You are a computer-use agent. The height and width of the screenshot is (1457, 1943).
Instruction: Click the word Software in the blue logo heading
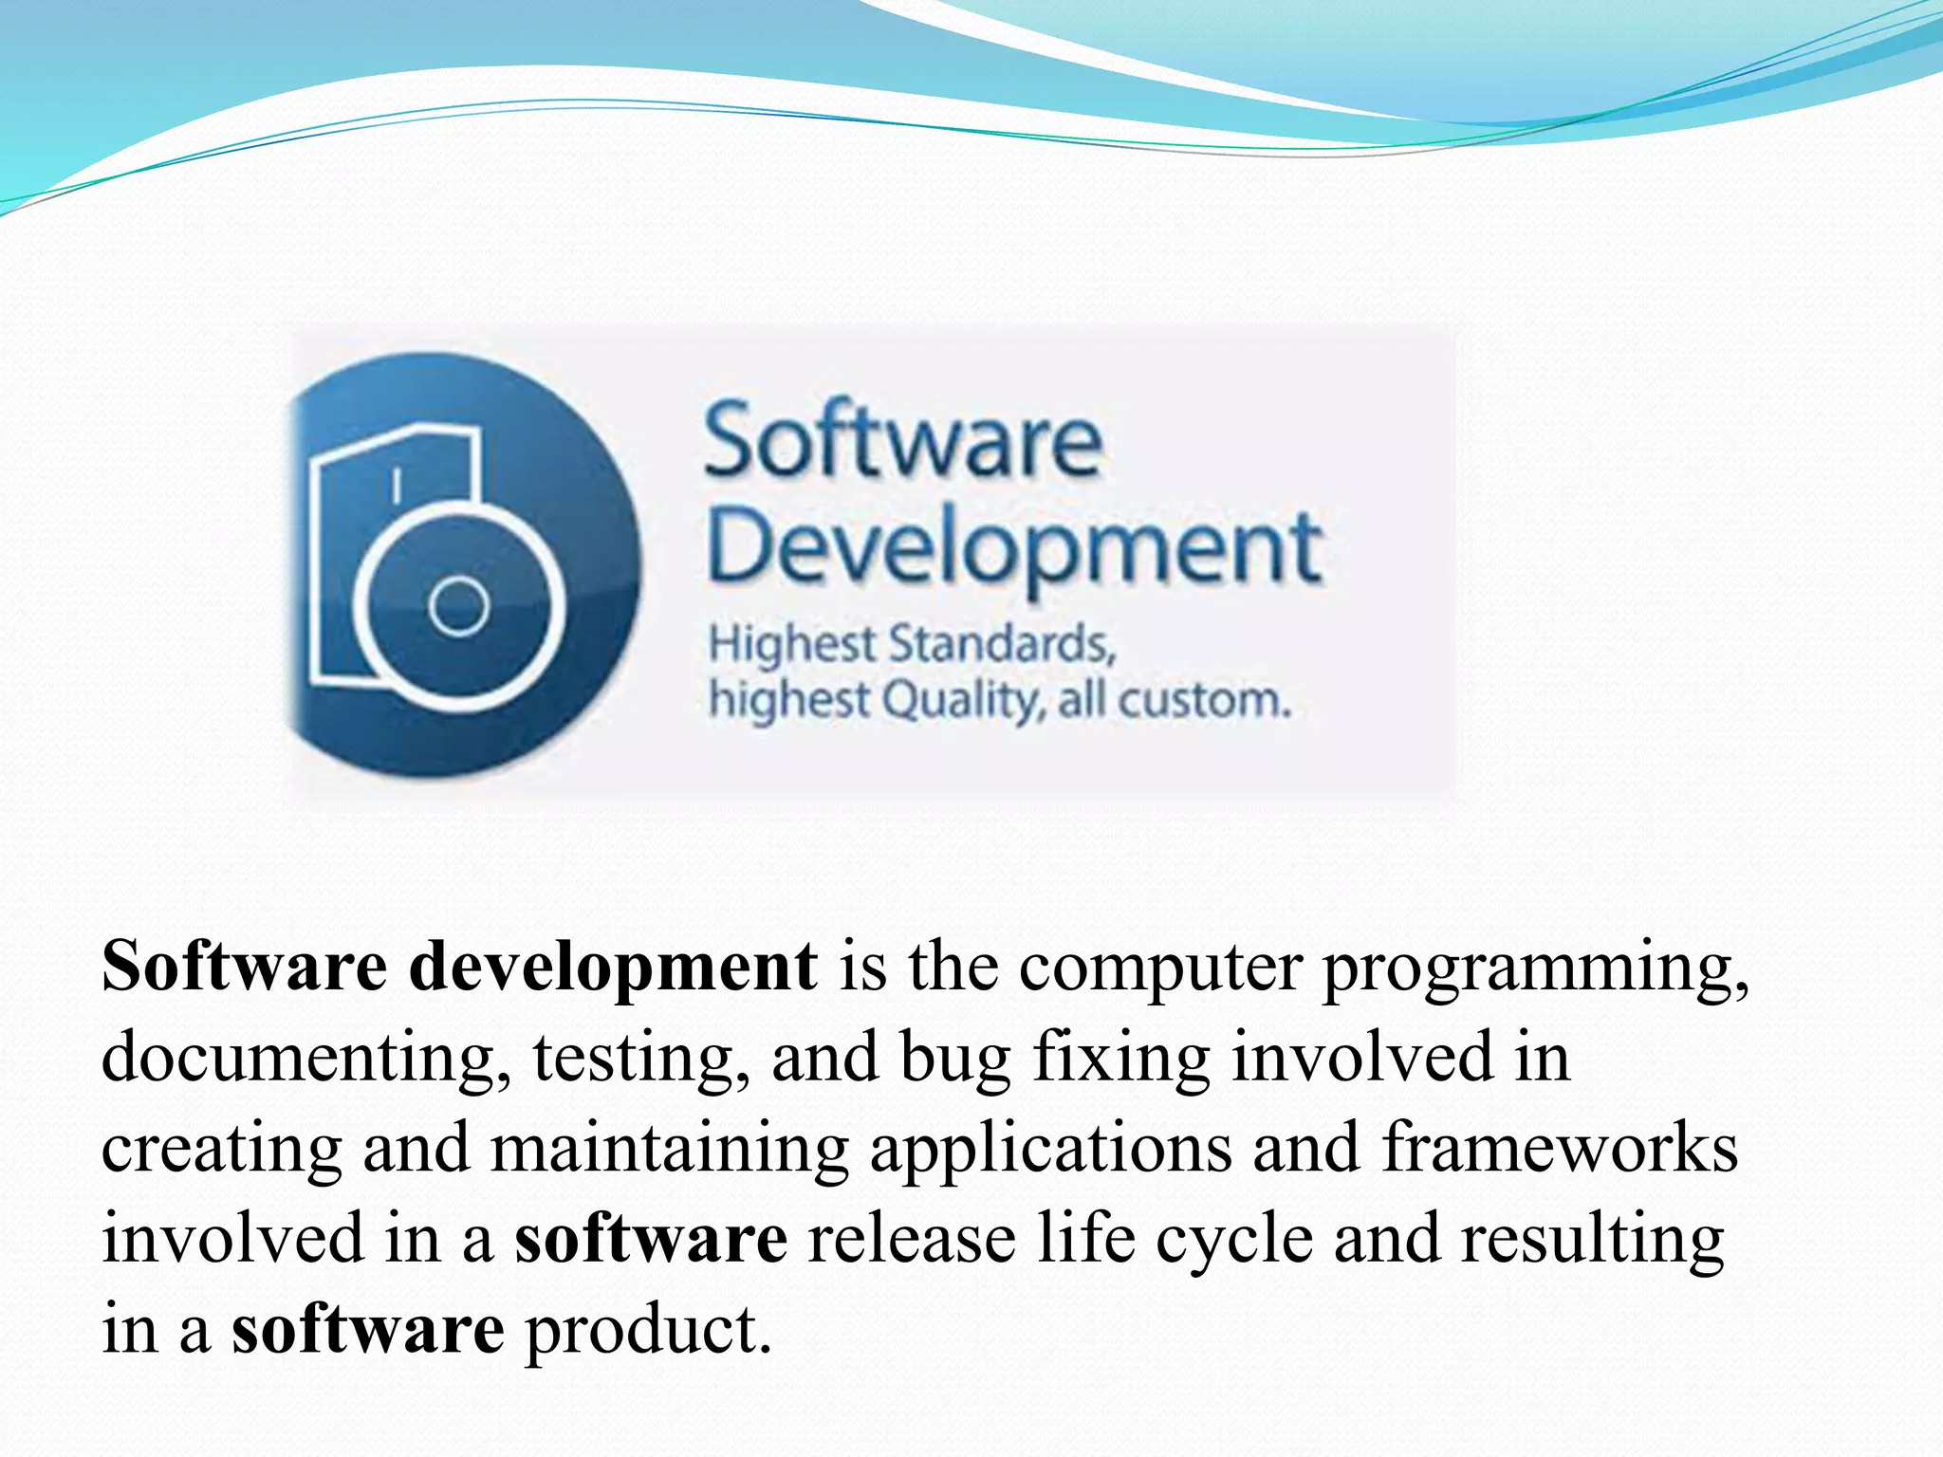[x=902, y=441]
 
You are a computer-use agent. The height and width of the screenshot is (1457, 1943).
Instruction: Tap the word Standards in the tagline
[x=1001, y=644]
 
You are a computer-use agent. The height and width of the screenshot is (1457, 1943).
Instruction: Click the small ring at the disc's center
[x=459, y=606]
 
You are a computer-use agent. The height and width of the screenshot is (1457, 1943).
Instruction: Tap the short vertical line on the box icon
[x=397, y=485]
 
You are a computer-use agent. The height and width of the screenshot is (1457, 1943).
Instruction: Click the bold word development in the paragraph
[x=613, y=967]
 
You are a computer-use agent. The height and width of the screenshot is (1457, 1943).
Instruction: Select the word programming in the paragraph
[x=1535, y=968]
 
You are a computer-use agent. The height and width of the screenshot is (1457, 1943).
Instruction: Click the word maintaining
[x=669, y=1149]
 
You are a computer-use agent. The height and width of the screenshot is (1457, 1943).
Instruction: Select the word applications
[x=1051, y=1149]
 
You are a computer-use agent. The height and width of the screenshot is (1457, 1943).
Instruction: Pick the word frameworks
[x=1559, y=1147]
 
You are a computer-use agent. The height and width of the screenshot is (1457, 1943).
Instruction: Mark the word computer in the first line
[x=1159, y=968]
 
